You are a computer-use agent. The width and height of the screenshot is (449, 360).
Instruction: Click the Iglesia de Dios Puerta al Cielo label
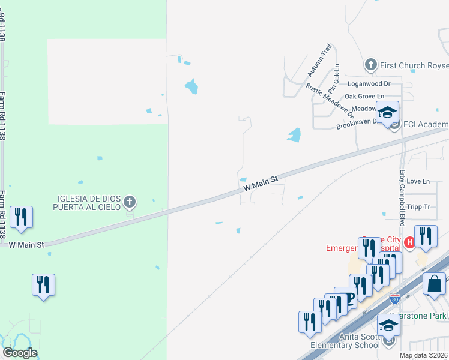[x=89, y=203]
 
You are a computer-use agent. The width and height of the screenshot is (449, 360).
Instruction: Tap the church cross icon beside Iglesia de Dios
[x=130, y=203]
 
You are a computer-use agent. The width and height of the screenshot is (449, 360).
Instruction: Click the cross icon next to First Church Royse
[x=371, y=64]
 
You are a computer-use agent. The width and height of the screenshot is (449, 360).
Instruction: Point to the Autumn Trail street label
[x=319, y=60]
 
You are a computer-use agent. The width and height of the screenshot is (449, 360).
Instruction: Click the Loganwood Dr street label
[x=369, y=84]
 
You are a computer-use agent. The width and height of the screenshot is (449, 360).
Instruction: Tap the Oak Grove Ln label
[x=364, y=96]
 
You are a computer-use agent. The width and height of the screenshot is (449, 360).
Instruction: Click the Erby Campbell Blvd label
[x=403, y=187]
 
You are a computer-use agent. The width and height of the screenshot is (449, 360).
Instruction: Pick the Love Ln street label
[x=418, y=181]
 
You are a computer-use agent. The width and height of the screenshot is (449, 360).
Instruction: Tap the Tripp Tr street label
[x=418, y=207]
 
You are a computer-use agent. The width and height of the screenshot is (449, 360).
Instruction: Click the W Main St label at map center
[x=262, y=183]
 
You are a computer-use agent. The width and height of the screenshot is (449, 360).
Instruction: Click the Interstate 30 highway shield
[x=394, y=298]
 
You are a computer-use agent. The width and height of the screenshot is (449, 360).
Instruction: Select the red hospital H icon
[x=409, y=242]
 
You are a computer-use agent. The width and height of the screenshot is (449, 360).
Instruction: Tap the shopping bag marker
[x=434, y=284]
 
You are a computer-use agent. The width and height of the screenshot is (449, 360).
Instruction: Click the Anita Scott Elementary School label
[x=345, y=341]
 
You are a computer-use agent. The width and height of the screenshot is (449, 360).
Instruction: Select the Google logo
[x=20, y=353]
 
